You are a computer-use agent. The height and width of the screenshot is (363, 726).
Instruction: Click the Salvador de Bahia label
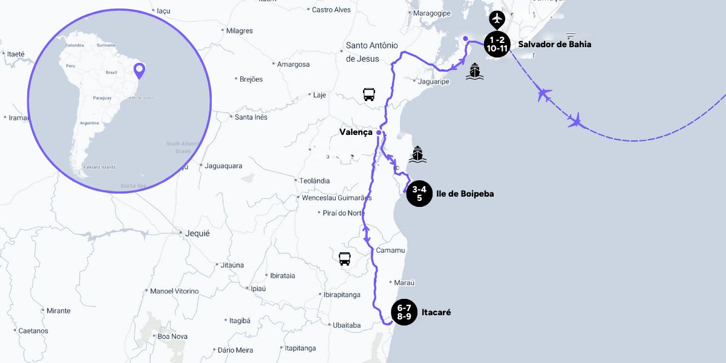click(555, 44)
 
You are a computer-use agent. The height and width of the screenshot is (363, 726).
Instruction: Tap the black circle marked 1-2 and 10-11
click(496, 44)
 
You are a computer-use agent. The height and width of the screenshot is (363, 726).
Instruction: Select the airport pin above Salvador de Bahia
click(497, 19)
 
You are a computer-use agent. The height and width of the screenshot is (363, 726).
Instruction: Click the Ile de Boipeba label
click(465, 194)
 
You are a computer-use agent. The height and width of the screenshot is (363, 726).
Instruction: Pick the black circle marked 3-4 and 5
click(419, 194)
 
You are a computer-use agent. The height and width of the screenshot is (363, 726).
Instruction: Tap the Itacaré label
click(436, 312)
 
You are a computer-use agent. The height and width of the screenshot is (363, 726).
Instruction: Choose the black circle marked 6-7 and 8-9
click(404, 312)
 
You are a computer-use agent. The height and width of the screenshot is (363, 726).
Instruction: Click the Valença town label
click(356, 132)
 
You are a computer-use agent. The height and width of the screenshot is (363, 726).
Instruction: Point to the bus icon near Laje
click(368, 94)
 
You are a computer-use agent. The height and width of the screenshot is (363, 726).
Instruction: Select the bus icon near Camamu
click(345, 259)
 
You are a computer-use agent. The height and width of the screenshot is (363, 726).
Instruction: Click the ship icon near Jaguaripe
click(474, 71)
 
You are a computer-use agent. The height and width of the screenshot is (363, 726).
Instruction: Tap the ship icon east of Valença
click(417, 154)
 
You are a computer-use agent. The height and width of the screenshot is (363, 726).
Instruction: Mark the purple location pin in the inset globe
click(139, 71)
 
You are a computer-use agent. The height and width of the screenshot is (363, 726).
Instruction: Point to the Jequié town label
click(197, 233)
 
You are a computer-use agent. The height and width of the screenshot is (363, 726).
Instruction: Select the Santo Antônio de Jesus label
click(371, 51)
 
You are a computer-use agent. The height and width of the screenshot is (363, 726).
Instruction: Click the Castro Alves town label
click(331, 10)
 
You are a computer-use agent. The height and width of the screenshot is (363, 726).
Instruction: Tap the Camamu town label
click(390, 250)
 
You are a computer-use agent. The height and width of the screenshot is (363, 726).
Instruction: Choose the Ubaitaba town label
click(347, 325)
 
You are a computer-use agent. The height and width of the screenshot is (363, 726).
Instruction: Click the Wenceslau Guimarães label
click(336, 198)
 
